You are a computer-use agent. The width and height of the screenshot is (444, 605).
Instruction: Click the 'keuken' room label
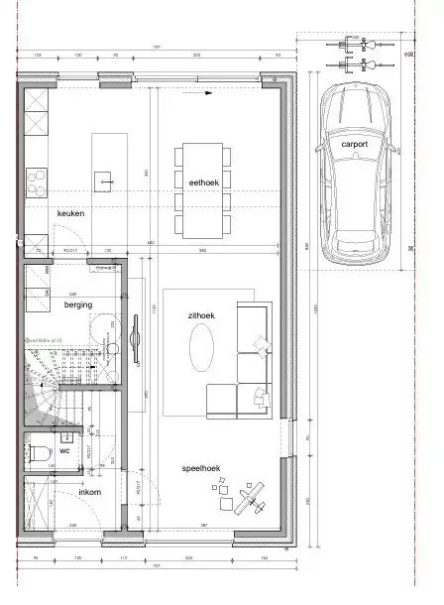(x=70, y=213)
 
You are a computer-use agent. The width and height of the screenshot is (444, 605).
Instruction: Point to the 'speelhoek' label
(x=201, y=468)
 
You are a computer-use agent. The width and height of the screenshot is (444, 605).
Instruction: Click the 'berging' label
(x=78, y=305)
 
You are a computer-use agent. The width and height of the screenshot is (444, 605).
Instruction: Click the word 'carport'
(x=355, y=145)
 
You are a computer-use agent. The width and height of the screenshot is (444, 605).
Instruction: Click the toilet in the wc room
(x=41, y=452)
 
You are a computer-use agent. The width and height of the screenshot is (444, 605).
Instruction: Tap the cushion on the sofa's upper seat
(x=261, y=344)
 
